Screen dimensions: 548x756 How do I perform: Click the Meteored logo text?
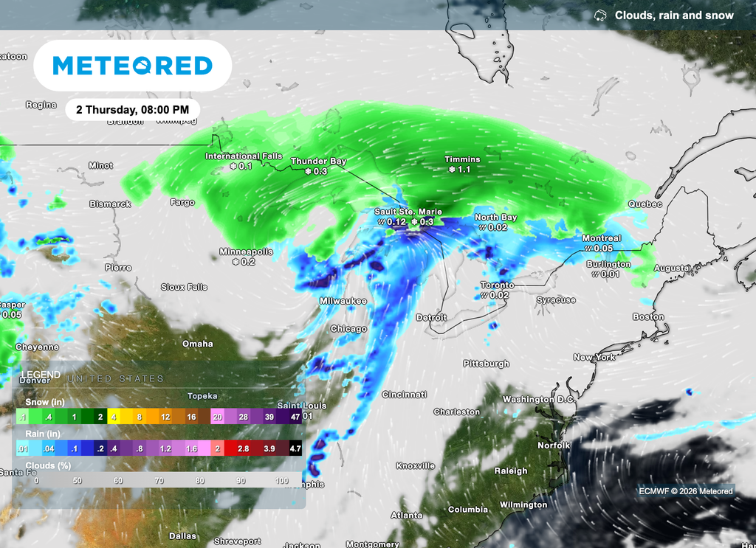click(x=133, y=66)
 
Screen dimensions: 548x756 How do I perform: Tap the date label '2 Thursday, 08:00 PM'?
click(x=133, y=109)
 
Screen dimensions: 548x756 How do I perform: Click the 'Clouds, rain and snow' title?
click(x=674, y=15)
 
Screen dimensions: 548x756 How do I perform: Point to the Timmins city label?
click(x=462, y=159)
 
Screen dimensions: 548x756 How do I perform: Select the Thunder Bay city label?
click(x=318, y=161)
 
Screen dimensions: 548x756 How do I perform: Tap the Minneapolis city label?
click(x=246, y=252)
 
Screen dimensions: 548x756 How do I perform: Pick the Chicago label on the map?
click(x=348, y=329)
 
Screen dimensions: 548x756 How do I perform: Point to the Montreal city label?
click(x=601, y=238)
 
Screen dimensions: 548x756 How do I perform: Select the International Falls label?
click(x=243, y=156)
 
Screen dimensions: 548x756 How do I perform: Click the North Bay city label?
click(x=495, y=218)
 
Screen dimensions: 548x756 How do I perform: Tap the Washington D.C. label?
click(x=538, y=399)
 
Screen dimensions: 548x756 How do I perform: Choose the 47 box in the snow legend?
click(x=295, y=417)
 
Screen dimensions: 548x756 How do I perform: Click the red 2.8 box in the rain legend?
click(x=243, y=448)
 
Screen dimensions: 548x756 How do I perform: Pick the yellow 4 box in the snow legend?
click(x=114, y=417)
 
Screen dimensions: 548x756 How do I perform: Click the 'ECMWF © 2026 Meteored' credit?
click(x=686, y=491)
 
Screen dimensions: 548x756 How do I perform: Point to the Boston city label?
click(x=648, y=317)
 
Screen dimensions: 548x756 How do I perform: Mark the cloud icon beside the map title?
click(x=601, y=15)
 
